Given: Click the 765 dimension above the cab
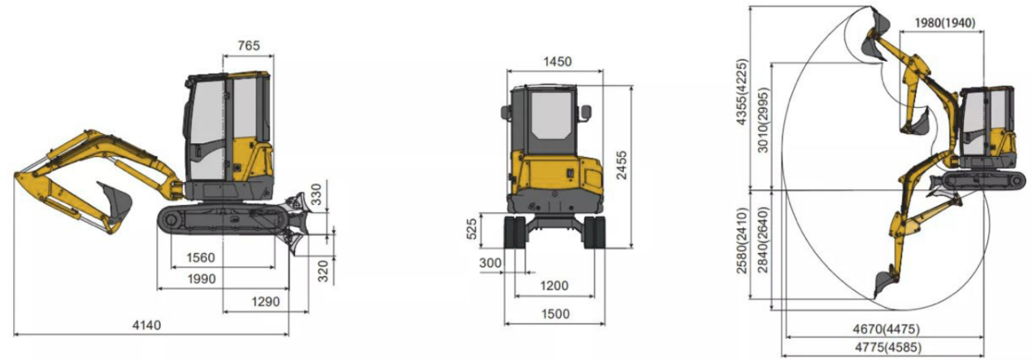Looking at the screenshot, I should pyautogui.click(x=248, y=46).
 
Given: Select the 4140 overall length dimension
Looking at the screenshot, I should pyautogui.click(x=146, y=325).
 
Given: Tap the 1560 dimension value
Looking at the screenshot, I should pyautogui.click(x=199, y=258).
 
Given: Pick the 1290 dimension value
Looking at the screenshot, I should pyautogui.click(x=265, y=301).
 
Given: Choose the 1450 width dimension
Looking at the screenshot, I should pyautogui.click(x=557, y=61).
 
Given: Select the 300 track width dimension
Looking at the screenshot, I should pyautogui.click(x=491, y=263).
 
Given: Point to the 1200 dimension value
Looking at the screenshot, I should pyautogui.click(x=556, y=285).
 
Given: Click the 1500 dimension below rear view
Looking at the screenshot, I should pyautogui.click(x=556, y=314).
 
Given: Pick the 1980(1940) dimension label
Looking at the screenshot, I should pyautogui.click(x=944, y=23).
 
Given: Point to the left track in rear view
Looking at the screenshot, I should pyautogui.click(x=516, y=232).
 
